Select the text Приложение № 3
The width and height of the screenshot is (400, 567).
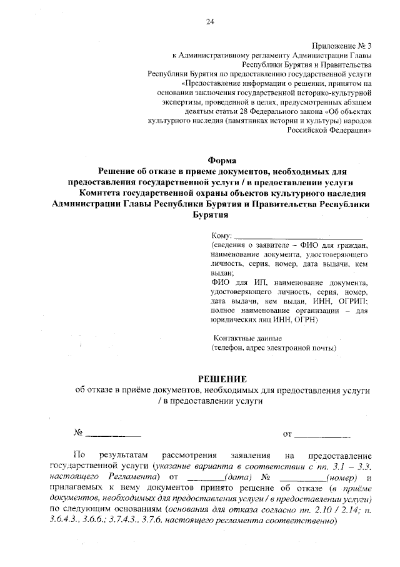(x=342, y=46)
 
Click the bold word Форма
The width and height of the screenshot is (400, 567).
(x=221, y=160)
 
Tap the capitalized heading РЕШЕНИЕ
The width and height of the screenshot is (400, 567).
(x=222, y=379)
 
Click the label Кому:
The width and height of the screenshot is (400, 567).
(x=221, y=235)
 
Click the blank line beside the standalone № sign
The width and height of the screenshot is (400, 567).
(x=112, y=433)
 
